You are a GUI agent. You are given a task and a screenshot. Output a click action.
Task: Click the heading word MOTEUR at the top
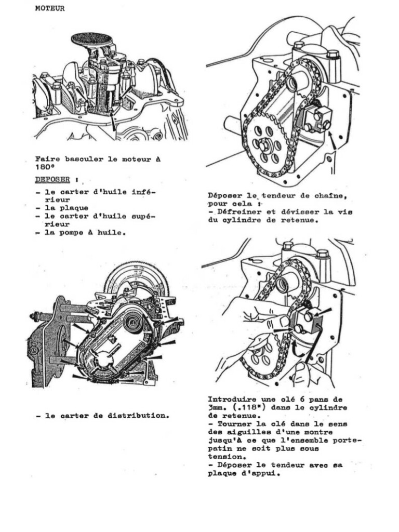(x=50, y=8)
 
